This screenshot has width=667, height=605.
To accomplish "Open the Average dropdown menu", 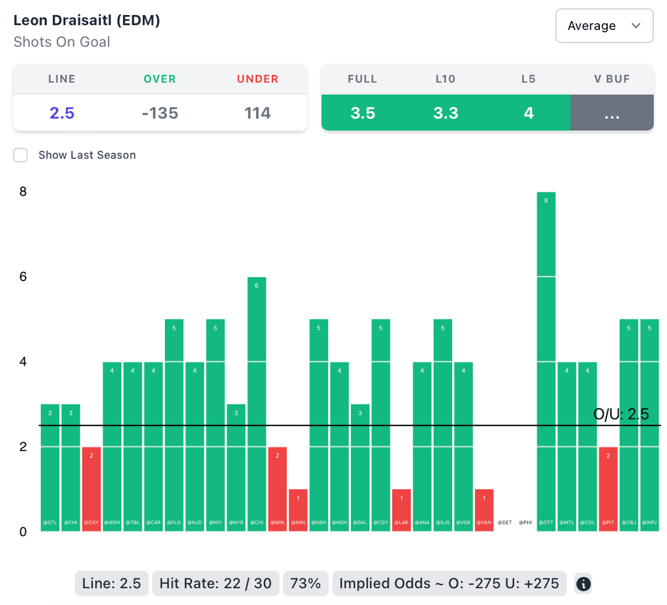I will [x=604, y=26].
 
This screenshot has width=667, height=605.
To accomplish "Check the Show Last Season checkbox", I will [x=21, y=155].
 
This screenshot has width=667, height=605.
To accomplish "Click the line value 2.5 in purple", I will [x=62, y=113].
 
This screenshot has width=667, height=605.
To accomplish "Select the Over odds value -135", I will [x=160, y=113].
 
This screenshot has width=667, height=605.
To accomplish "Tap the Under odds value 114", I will [x=257, y=113].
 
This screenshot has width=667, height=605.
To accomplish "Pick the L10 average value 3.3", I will [x=446, y=113].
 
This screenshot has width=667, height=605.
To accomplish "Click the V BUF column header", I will [x=612, y=79].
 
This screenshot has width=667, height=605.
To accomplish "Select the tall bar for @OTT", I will [x=546, y=361].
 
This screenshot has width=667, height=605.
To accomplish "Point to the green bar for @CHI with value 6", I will [x=257, y=403].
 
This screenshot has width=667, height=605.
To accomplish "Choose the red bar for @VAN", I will [x=484, y=509].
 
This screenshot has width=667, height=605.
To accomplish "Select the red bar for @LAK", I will [x=401, y=509].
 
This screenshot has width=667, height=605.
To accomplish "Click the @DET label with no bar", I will [x=505, y=522].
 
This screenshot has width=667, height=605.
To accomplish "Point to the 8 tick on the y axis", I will [x=23, y=192].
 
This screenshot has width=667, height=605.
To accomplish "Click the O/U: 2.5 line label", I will [x=621, y=414].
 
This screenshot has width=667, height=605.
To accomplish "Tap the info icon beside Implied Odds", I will [x=584, y=584].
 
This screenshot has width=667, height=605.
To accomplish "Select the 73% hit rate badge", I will [x=305, y=584].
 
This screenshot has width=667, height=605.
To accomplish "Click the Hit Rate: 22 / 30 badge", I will [x=216, y=584].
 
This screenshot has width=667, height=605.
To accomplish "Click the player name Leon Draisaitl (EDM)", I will [x=87, y=20].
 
